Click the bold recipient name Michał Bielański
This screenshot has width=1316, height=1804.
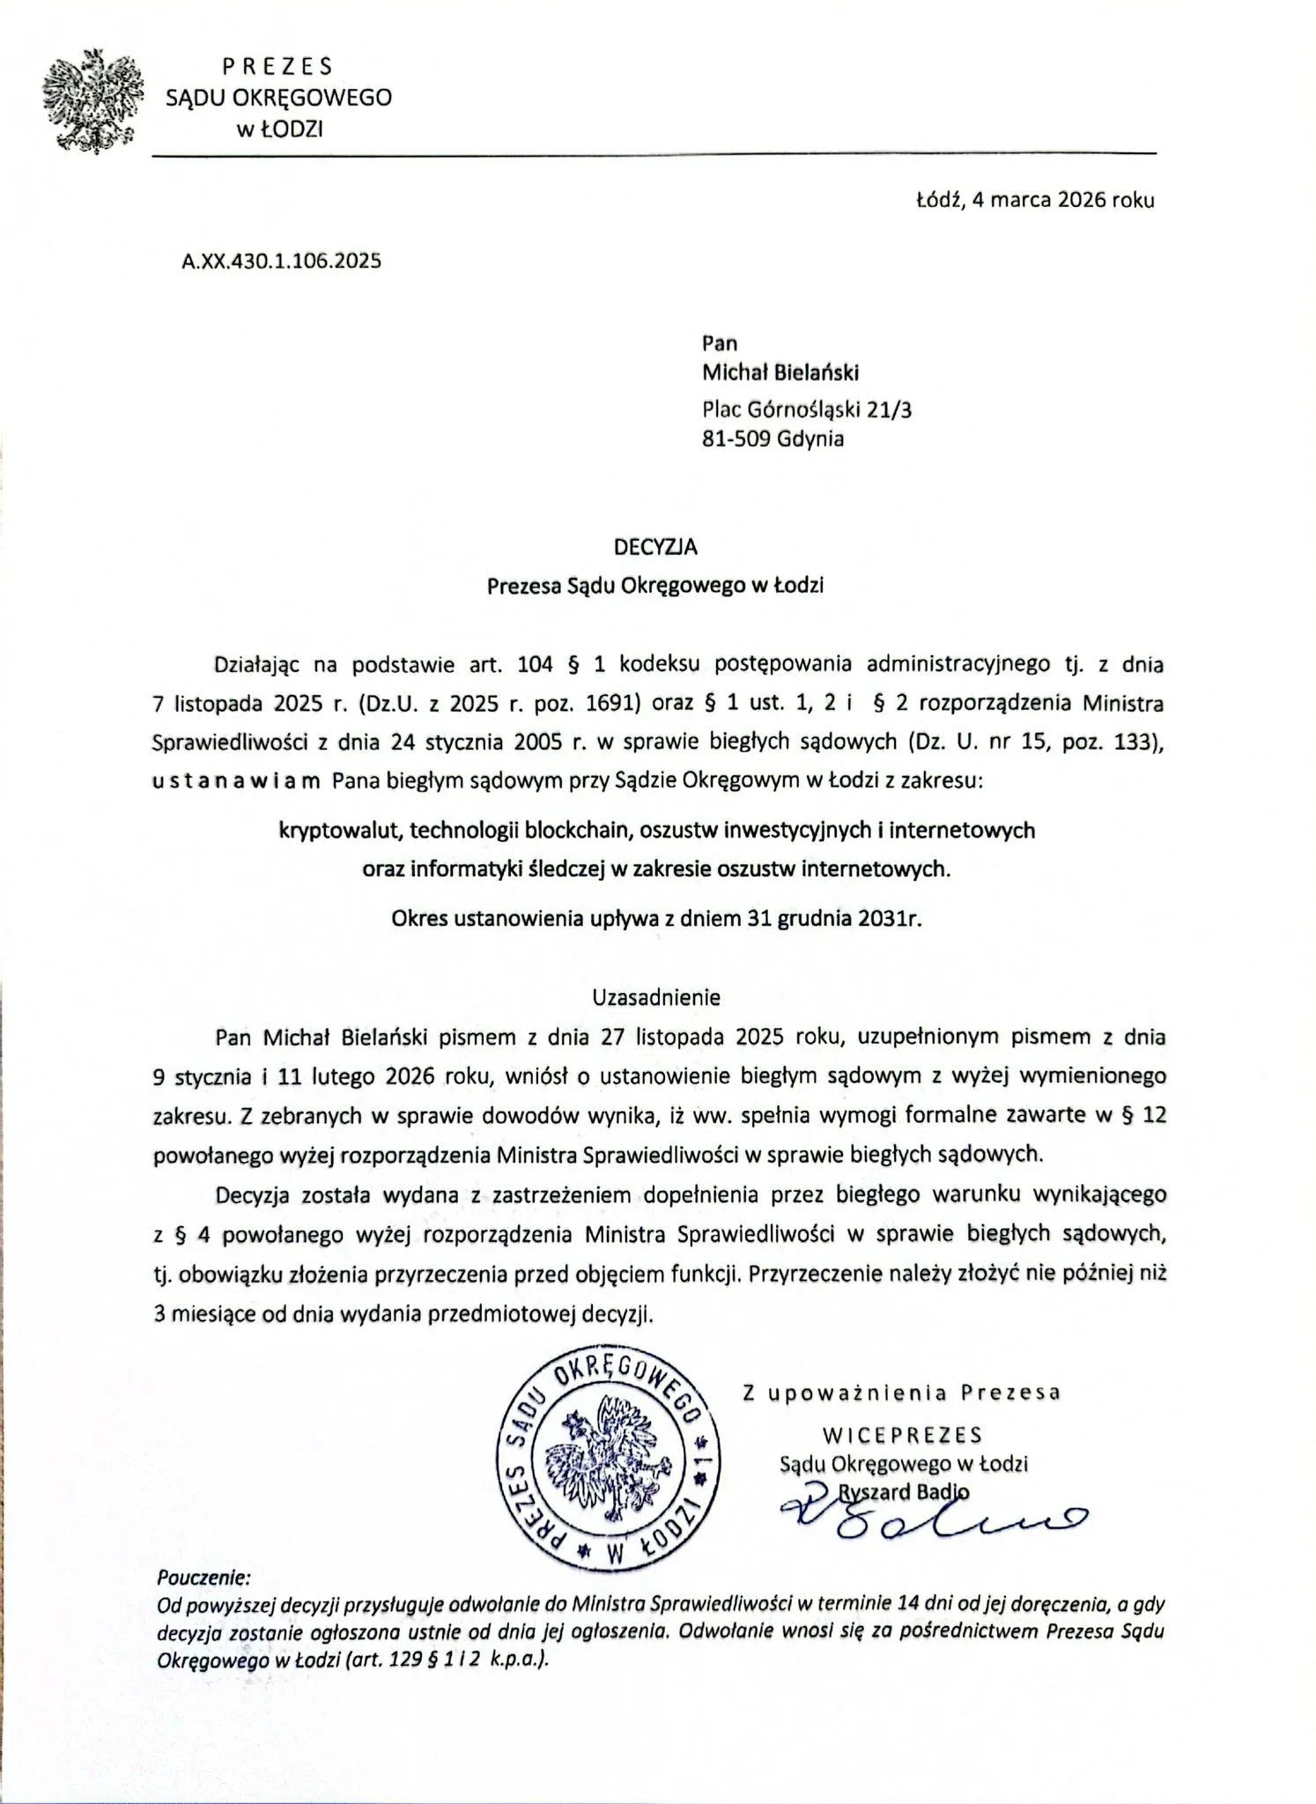click(x=780, y=373)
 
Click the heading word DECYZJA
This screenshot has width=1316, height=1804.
click(x=655, y=547)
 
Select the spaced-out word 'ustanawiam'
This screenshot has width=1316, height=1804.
click(x=237, y=781)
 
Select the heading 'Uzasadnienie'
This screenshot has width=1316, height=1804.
click(x=656, y=997)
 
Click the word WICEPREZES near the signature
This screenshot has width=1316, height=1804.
click(x=902, y=1435)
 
